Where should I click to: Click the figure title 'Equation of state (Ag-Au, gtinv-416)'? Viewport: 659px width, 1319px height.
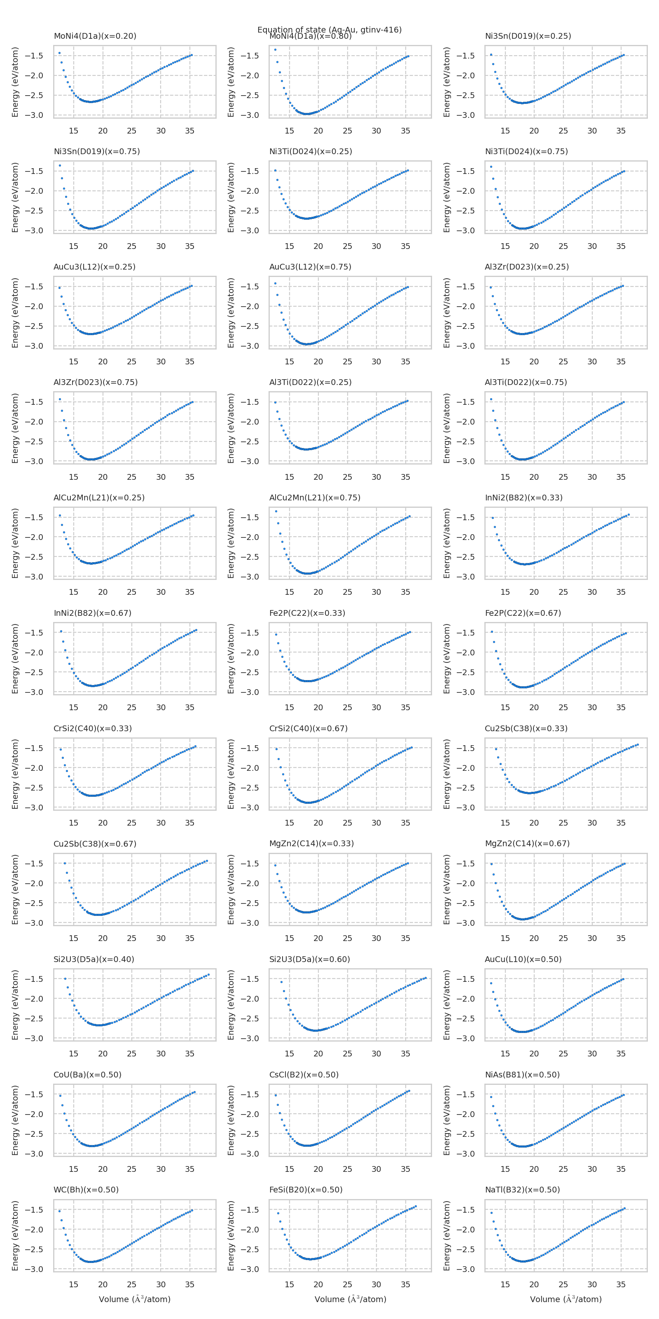tap(329, 29)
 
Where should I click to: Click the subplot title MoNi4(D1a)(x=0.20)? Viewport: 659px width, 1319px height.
tap(95, 36)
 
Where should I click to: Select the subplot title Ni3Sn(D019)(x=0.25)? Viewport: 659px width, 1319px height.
tap(528, 36)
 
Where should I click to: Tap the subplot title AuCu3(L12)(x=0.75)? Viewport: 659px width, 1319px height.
tap(310, 267)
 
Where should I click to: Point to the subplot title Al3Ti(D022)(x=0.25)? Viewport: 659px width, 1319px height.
tap(310, 382)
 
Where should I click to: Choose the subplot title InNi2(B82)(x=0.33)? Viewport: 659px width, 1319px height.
tap(523, 498)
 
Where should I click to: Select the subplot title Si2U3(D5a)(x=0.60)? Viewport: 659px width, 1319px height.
tap(310, 959)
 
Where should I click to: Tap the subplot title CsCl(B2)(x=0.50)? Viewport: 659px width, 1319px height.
tap(304, 1074)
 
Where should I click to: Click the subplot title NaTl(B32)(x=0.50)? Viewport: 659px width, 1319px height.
tap(522, 1190)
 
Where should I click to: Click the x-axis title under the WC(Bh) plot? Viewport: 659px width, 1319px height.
tap(135, 1299)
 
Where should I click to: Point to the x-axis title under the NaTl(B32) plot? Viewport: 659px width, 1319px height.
tap(566, 1299)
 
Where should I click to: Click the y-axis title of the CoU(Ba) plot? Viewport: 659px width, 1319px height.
tap(15, 1120)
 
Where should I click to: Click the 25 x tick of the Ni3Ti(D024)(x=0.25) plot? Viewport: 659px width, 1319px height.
tap(347, 246)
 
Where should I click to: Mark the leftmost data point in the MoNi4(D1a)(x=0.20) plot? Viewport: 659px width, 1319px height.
tap(59, 53)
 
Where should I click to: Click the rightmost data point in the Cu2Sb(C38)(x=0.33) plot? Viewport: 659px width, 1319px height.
tap(638, 744)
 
